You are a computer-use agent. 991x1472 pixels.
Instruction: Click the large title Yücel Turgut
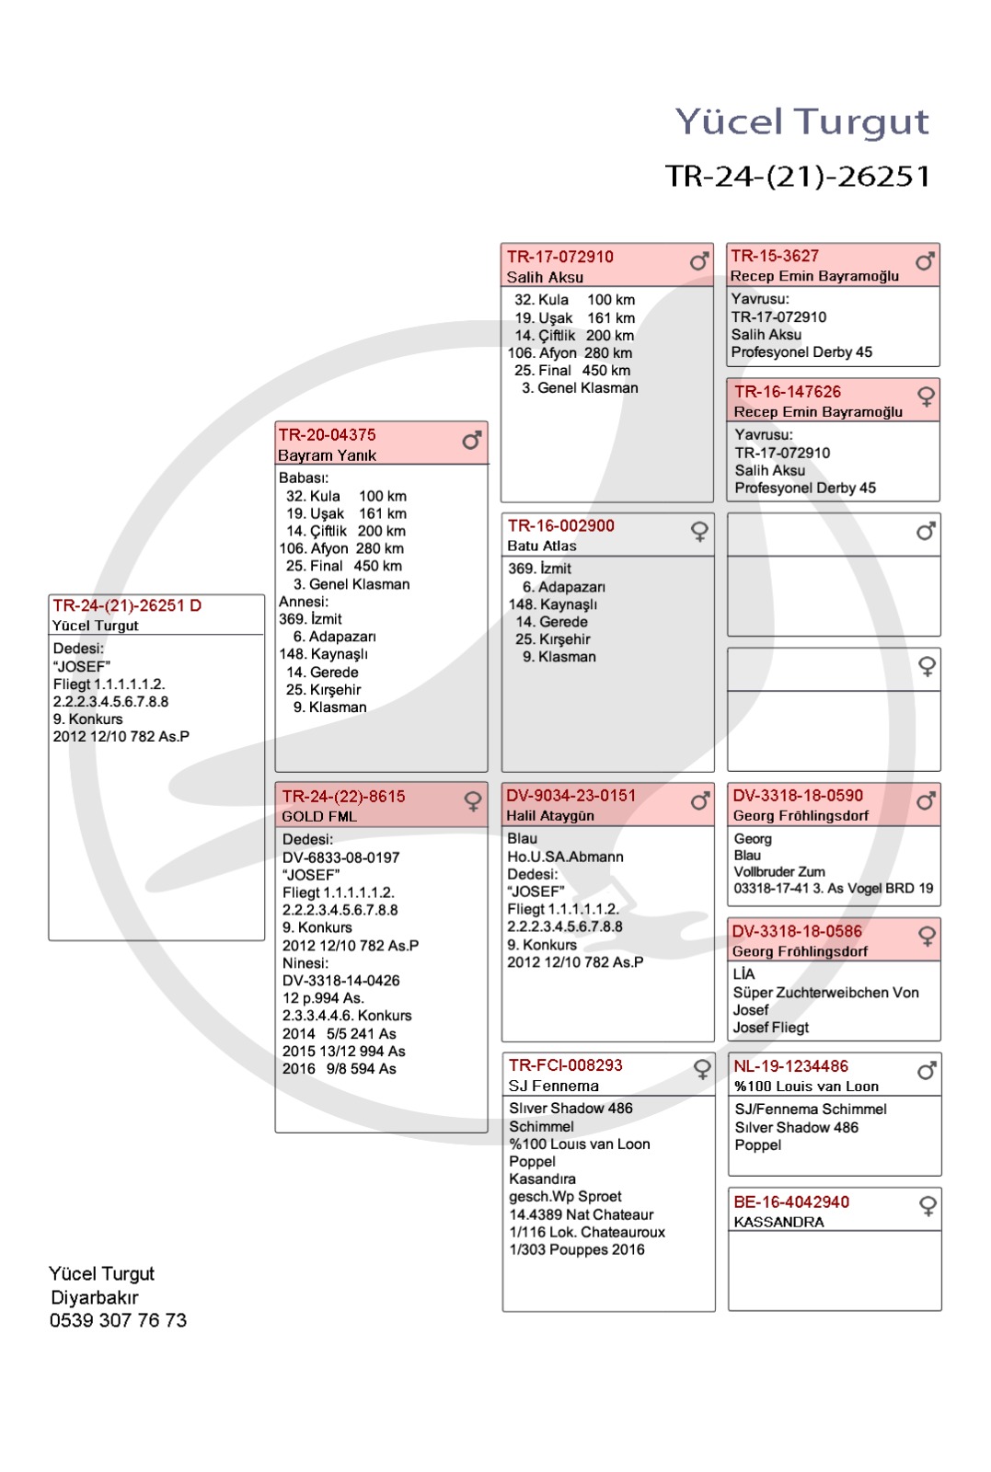pyautogui.click(x=801, y=121)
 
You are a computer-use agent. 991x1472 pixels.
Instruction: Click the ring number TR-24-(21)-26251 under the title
pyautogui.click(x=798, y=176)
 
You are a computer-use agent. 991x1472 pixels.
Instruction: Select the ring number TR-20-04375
pyautogui.click(x=328, y=434)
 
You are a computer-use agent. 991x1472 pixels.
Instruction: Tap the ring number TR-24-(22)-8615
pyautogui.click(x=343, y=796)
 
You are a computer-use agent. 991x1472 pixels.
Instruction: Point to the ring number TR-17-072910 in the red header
pyautogui.click(x=559, y=257)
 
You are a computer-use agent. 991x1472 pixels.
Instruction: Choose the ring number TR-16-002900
pyautogui.click(x=560, y=525)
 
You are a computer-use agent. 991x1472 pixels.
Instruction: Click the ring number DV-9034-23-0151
pyautogui.click(x=570, y=795)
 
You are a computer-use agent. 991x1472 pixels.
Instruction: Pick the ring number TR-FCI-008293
pyautogui.click(x=565, y=1064)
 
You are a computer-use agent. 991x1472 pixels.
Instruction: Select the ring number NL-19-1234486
pyautogui.click(x=790, y=1065)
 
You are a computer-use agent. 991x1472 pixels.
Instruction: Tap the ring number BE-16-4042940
pyautogui.click(x=791, y=1202)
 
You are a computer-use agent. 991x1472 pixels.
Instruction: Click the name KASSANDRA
pyautogui.click(x=778, y=1222)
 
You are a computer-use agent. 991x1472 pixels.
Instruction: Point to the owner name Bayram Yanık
pyautogui.click(x=327, y=455)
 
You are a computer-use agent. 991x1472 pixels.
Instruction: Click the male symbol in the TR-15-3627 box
pyautogui.click(x=925, y=261)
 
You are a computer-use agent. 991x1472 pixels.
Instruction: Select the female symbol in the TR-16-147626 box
pyautogui.click(x=926, y=397)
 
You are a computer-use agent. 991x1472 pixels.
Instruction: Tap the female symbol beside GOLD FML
pyautogui.click(x=473, y=801)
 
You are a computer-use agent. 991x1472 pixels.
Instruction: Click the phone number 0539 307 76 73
pyautogui.click(x=118, y=1320)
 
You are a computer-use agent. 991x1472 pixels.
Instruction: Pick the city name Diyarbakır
pyautogui.click(x=95, y=1297)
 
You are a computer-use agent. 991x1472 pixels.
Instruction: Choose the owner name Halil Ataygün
pyautogui.click(x=549, y=816)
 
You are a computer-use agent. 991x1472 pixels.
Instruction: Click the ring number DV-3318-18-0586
pyautogui.click(x=797, y=931)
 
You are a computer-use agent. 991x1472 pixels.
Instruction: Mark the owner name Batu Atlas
pyautogui.click(x=541, y=546)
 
